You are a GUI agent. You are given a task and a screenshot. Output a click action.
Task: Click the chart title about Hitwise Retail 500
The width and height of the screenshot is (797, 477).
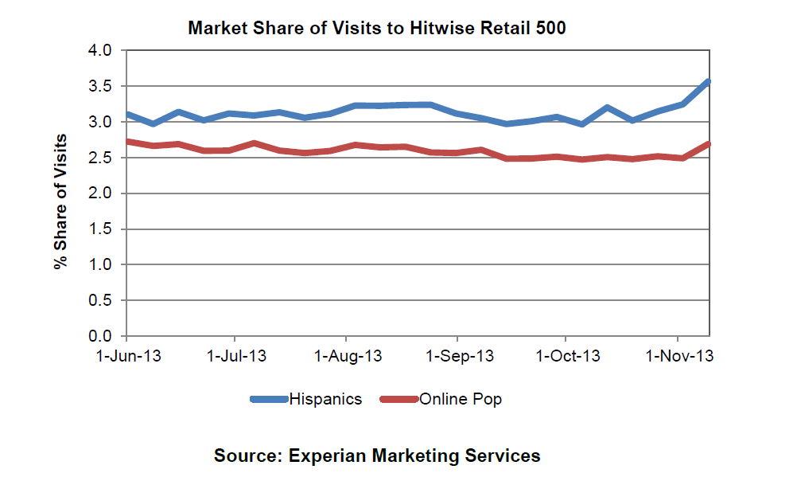pyautogui.click(x=376, y=29)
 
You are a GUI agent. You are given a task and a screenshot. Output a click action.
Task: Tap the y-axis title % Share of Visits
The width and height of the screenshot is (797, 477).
pyautogui.click(x=60, y=201)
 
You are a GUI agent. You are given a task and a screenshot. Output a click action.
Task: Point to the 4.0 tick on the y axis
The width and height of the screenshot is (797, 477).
pyautogui.click(x=107, y=51)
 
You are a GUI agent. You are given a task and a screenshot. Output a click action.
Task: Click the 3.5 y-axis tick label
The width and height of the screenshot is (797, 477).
pyautogui.click(x=107, y=87)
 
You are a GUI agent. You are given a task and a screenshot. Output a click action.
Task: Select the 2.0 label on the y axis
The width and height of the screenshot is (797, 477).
pyautogui.click(x=107, y=194)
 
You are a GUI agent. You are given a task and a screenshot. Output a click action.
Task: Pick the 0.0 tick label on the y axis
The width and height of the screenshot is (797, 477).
pyautogui.click(x=107, y=336)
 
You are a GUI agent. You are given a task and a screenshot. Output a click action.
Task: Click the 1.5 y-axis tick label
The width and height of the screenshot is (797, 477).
pyautogui.click(x=107, y=229)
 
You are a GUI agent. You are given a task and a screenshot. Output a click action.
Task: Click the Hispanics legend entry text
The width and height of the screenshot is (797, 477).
pyautogui.click(x=325, y=400)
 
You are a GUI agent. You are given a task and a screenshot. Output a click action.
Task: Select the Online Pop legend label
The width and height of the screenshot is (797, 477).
pyautogui.click(x=461, y=400)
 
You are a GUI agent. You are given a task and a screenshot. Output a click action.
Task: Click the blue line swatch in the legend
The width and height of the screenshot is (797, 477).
pyautogui.click(x=269, y=400)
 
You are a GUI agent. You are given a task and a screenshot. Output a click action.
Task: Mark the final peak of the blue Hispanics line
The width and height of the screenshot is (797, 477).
pyautogui.click(x=708, y=82)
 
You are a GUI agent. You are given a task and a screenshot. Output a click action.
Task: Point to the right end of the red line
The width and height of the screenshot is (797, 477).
pyautogui.click(x=708, y=144)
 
